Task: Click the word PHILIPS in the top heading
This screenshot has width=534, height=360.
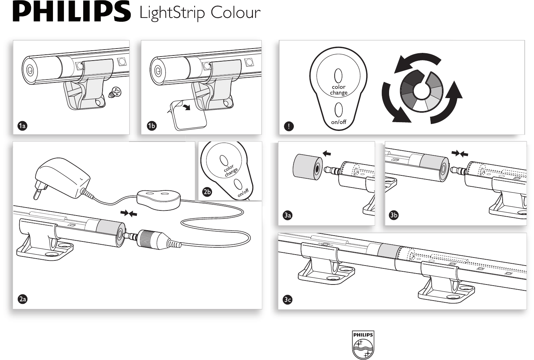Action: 72,12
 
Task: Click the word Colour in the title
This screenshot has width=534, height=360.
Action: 235,12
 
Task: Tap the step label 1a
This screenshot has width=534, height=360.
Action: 22,125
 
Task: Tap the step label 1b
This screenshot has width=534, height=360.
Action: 152,125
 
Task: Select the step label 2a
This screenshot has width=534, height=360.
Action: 23,299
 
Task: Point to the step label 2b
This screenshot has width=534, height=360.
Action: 207,192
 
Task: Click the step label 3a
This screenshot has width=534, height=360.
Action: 288,216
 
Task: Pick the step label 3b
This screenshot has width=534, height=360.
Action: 393,215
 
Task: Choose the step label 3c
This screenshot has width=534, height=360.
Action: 288,299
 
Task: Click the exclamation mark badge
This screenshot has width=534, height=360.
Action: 289,126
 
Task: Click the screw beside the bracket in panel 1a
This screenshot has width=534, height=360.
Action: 115,92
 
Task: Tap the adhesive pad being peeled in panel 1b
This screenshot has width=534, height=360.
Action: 188,115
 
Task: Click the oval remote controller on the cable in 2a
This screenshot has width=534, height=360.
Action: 158,200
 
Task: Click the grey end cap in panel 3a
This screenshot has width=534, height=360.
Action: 308,167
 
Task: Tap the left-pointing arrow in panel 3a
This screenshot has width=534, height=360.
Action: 327,154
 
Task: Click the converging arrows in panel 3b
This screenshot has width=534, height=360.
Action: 460,154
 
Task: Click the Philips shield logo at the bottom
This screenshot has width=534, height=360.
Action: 363,344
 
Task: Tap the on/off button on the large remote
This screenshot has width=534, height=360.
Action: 338,110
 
